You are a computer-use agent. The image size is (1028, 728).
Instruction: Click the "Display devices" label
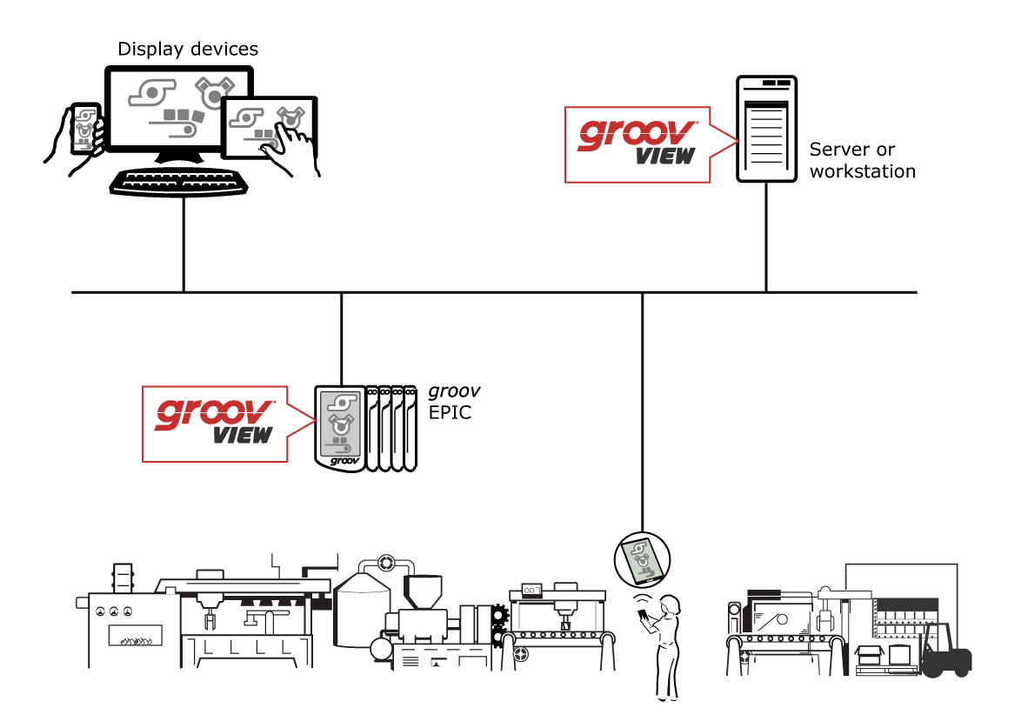188,49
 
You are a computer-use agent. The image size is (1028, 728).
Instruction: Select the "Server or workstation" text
862,160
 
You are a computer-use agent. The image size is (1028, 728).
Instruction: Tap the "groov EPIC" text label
454,402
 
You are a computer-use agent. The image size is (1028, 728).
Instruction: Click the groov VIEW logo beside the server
637,144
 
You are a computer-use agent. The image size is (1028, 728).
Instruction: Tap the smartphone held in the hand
85,128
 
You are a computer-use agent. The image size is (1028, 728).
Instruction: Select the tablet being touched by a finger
268,127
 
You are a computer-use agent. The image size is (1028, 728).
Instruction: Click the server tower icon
766,128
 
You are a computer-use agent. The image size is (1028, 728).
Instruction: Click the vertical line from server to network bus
766,237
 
